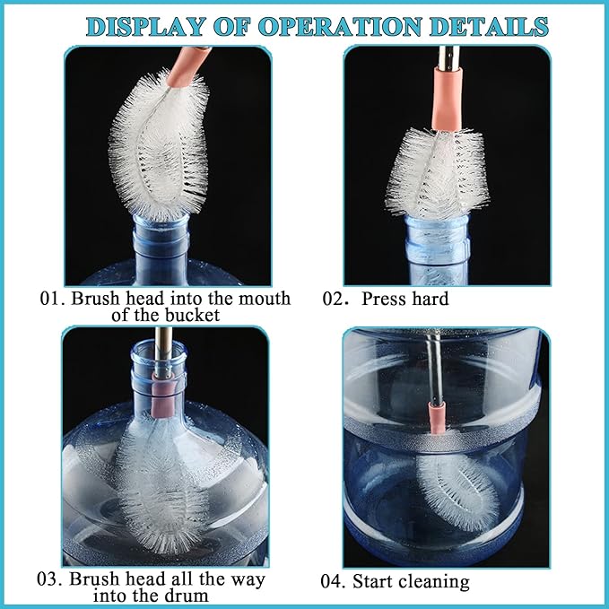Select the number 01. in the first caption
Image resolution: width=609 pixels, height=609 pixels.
[x=52, y=298]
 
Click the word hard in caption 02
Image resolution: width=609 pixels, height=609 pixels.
[x=429, y=299]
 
